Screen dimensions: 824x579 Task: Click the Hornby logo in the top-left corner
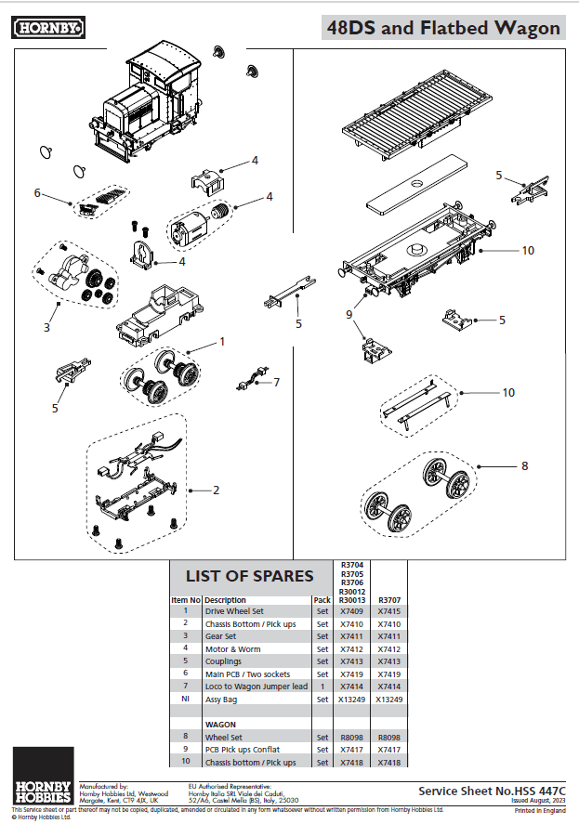tap(49, 28)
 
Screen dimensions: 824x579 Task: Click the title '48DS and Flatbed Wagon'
tap(443, 28)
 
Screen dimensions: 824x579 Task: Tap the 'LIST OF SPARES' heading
tap(250, 576)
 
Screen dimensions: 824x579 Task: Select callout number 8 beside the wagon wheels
tap(524, 465)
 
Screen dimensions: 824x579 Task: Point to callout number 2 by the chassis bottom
tap(216, 489)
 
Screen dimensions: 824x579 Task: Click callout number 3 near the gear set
tap(46, 328)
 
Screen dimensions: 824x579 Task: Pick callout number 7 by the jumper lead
tap(275, 382)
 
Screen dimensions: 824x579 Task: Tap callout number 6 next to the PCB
tap(37, 193)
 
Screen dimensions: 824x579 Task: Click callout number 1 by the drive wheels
tap(222, 342)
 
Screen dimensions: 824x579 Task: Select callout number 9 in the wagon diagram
tap(350, 314)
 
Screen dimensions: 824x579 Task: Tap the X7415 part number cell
tap(389, 612)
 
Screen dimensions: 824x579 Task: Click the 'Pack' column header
tap(322, 600)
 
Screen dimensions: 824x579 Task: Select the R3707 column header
tap(389, 600)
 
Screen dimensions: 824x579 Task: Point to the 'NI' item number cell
tap(186, 699)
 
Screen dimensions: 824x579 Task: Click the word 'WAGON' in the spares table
tap(220, 723)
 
